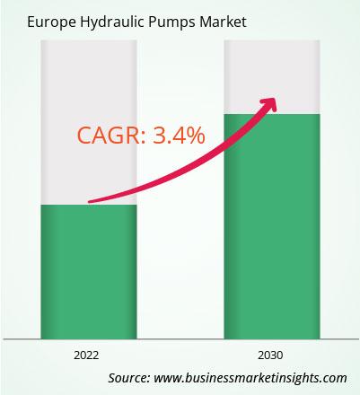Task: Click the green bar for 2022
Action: [89, 272]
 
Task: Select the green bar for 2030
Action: [272, 226]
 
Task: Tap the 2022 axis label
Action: [86, 355]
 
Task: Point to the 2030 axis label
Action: [270, 355]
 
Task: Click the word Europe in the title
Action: [51, 22]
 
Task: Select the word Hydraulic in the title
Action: [112, 22]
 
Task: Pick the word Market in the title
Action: [224, 22]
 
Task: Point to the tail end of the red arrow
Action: [90, 202]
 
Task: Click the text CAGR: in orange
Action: [112, 136]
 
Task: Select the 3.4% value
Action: [179, 136]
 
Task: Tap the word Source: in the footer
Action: [129, 378]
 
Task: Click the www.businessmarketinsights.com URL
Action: [250, 378]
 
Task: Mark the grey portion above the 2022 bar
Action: [89, 122]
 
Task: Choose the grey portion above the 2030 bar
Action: [272, 77]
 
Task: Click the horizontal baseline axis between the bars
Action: [180, 339]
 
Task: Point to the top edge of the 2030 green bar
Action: [272, 114]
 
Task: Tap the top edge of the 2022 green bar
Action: [89, 205]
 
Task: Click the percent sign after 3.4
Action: [196, 136]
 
